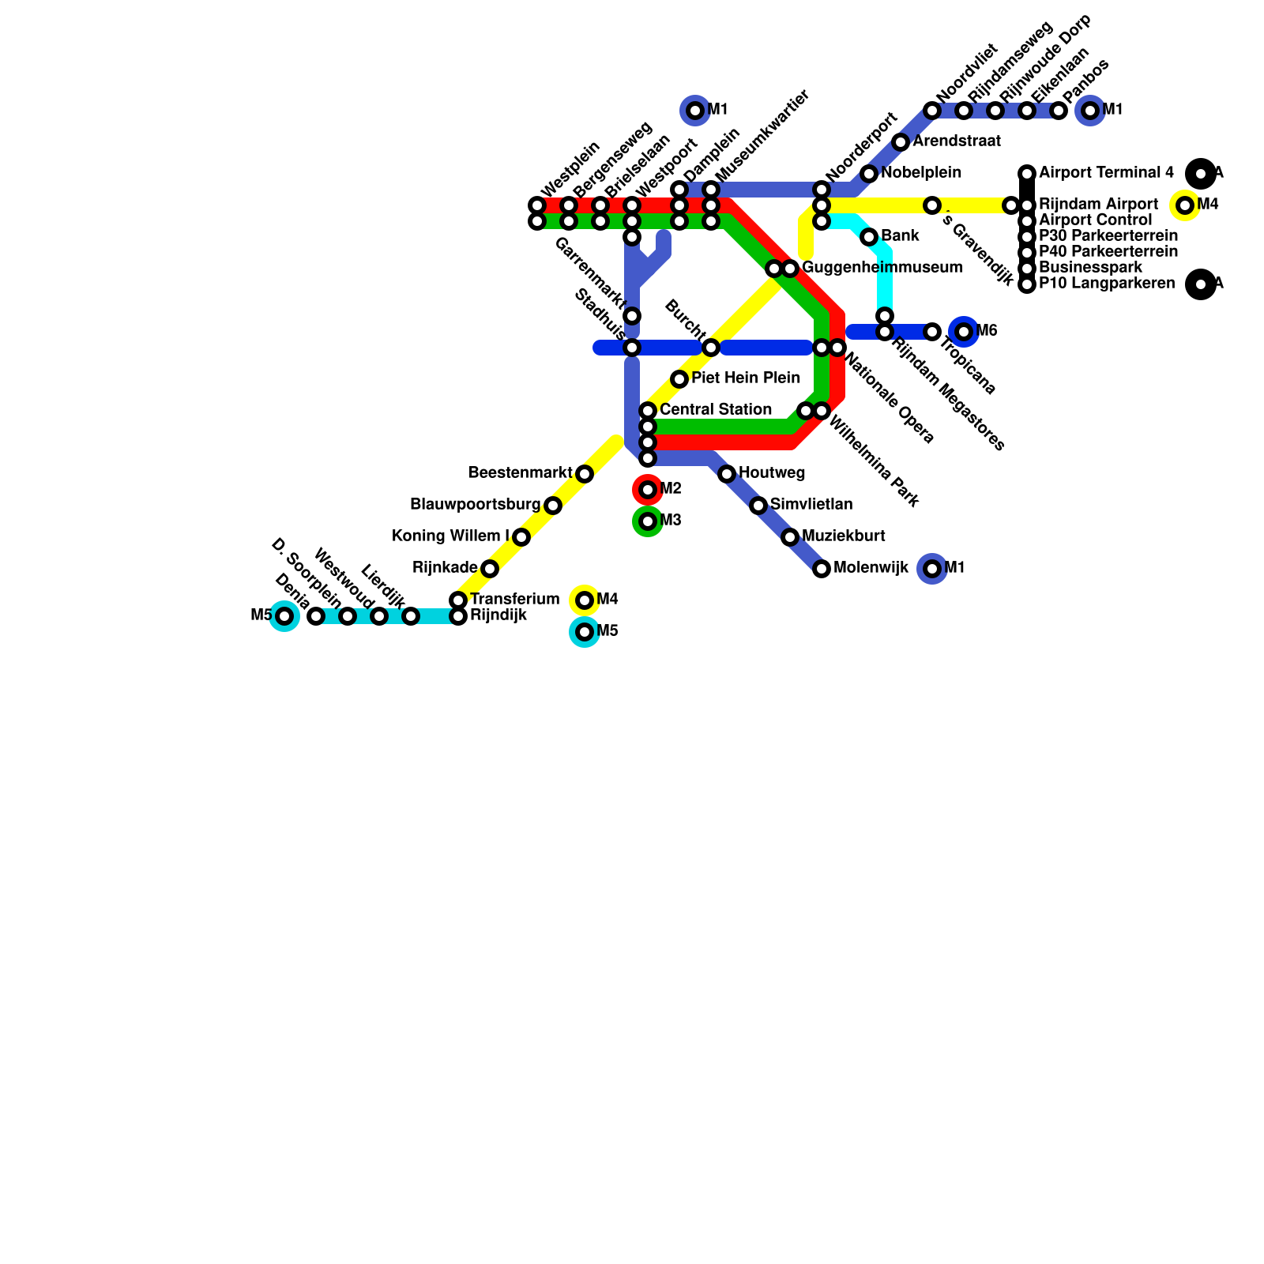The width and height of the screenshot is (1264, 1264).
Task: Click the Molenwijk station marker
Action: click(822, 569)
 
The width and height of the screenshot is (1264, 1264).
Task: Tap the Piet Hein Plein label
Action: click(745, 378)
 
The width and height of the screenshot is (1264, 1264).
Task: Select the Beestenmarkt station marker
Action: click(585, 474)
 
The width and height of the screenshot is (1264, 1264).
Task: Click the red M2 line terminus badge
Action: click(648, 490)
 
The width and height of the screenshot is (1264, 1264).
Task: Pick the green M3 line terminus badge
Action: click(648, 521)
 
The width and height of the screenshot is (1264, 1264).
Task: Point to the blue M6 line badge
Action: click(964, 332)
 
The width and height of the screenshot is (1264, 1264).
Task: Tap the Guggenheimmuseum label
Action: click(882, 268)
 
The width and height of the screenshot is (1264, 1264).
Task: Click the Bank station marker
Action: click(869, 237)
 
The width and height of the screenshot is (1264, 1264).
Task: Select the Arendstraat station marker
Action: click(901, 142)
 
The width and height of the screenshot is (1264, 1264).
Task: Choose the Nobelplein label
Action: click(920, 173)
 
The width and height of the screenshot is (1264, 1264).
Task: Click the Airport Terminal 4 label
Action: click(1106, 173)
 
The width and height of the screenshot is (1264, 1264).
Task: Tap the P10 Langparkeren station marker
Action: click(1027, 284)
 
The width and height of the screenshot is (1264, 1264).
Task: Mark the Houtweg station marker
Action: click(727, 474)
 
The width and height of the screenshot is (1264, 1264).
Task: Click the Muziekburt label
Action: click(843, 536)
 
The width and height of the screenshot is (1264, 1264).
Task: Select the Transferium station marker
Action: click(458, 600)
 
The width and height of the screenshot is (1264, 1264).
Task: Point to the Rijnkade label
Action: click(445, 568)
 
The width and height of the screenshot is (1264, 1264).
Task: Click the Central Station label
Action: click(715, 410)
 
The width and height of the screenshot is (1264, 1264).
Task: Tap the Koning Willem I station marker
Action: click(521, 537)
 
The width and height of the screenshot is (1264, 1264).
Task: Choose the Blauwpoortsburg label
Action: click(475, 505)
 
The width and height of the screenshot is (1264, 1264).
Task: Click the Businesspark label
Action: click(1090, 268)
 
